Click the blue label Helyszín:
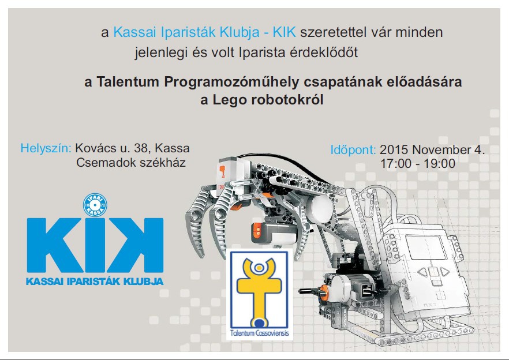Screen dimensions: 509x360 coord(46,148)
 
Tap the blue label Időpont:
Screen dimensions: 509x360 coord(353,150)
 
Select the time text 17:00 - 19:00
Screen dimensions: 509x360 coord(418,164)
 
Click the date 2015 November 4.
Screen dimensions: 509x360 coord(432,149)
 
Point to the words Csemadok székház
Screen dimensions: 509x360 coord(131,162)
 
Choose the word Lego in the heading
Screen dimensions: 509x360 coord(229,100)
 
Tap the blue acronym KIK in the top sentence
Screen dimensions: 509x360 coord(284,32)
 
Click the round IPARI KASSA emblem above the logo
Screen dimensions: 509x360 coord(95,205)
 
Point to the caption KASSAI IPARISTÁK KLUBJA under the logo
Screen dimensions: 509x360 coord(95,281)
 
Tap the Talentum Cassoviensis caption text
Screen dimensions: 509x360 coord(259,333)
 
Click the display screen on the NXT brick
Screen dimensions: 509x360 coord(426,247)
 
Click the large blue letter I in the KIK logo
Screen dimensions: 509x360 coord(95,245)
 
